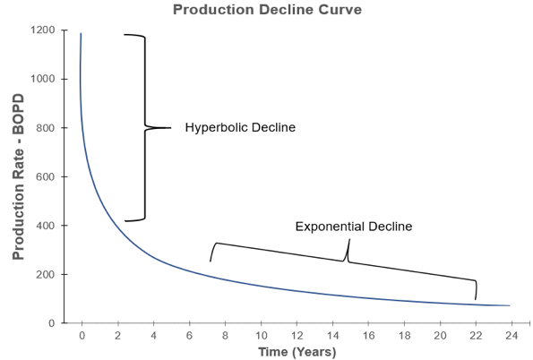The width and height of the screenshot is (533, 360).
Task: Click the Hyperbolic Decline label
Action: coord(240,128)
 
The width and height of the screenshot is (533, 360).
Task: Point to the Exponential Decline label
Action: coord(354,227)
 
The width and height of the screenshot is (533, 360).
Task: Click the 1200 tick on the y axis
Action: coord(42,30)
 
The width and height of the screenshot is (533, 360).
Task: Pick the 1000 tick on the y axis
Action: coord(42,79)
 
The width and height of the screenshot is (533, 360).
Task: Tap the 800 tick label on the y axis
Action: coord(45,128)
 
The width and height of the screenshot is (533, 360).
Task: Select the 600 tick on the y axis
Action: coord(45,176)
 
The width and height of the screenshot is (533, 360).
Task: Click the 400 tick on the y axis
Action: coord(45,226)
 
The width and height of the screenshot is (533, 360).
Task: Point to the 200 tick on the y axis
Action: coord(45,274)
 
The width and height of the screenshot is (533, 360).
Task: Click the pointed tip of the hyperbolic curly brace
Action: coord(169,128)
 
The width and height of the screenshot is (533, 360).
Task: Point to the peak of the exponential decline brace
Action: coord(349,240)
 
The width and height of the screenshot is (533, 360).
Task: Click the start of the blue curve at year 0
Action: coord(81,34)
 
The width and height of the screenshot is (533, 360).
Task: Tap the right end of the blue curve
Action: coord(510,305)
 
